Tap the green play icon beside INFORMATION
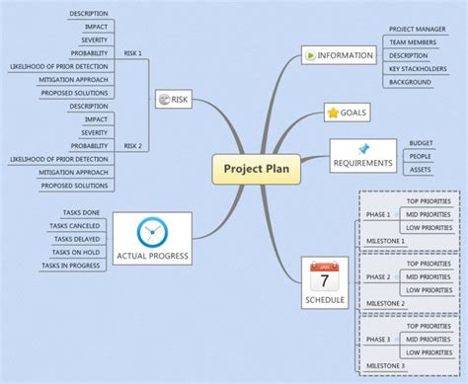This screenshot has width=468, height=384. click(312, 55)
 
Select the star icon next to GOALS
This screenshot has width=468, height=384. click(333, 113)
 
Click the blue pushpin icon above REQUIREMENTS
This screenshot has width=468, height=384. click(363, 148)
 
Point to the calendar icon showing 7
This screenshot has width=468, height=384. click(325, 278)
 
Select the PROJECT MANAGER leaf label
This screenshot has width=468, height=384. click(415, 30)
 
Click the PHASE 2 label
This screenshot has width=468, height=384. click(377, 277)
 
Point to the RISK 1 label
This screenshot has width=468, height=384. click(132, 51)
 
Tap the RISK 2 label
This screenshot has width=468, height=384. click(132, 145)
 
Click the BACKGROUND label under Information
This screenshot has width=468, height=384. click(410, 82)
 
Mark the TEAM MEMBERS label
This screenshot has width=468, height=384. click(413, 42)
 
